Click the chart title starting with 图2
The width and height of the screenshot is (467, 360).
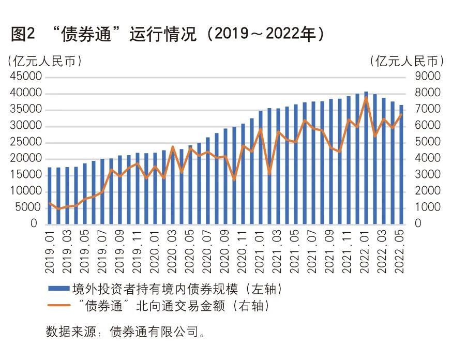pyautogui.click(x=168, y=34)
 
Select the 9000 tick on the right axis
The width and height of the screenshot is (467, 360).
pyautogui.click(x=427, y=77)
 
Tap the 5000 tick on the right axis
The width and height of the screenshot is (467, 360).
pyautogui.click(x=427, y=142)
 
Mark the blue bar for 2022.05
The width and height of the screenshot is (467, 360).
pyautogui.click(x=401, y=166)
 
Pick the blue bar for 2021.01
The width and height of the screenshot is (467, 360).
pyautogui.click(x=261, y=168)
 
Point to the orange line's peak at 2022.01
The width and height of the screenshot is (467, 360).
pyautogui.click(x=366, y=98)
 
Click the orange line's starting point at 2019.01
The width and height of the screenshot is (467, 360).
pyautogui.click(x=50, y=203)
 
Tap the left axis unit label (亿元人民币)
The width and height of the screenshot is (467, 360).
pyautogui.click(x=44, y=61)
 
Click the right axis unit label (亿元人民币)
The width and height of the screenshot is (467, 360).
pyautogui.click(x=408, y=61)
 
